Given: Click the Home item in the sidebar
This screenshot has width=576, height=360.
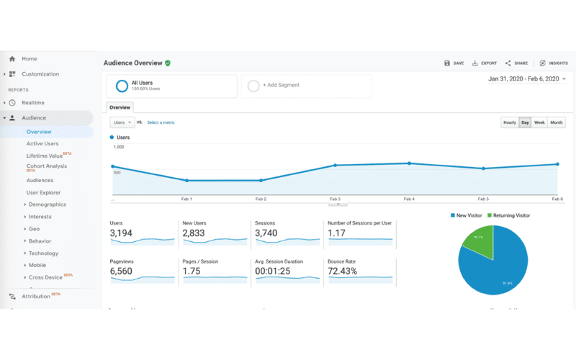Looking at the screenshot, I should pos(29,59).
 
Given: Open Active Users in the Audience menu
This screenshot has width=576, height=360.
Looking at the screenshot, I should pos(42,144).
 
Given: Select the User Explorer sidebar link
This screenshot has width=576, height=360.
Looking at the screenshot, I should pos(43,193).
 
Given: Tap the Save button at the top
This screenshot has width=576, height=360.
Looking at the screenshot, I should pos(454,63).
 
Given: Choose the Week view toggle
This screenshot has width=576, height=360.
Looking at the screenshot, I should pos(539,123).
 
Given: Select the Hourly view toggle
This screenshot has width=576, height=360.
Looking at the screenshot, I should pos(510,123).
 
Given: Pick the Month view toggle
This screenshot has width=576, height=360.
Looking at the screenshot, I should pos(557,123).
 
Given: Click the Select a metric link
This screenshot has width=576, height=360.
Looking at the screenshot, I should pos(161,122).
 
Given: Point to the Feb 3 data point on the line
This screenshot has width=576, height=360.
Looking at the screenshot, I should pos(335,166).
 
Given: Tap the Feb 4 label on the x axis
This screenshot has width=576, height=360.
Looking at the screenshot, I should pos(409,199).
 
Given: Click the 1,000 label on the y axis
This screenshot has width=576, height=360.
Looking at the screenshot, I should pos(119,147).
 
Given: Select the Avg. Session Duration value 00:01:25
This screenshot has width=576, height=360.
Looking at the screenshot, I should pos(274,271).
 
